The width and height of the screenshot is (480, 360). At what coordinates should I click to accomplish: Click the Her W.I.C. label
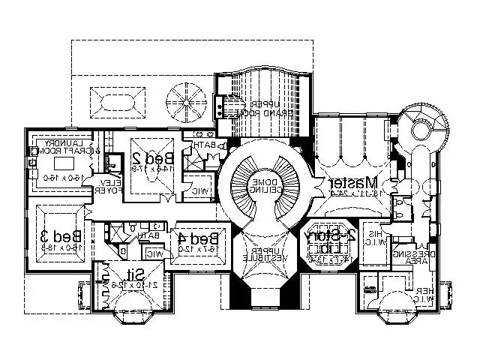tap(424, 295)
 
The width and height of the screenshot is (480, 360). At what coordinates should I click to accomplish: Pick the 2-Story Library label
tap(328, 241)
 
